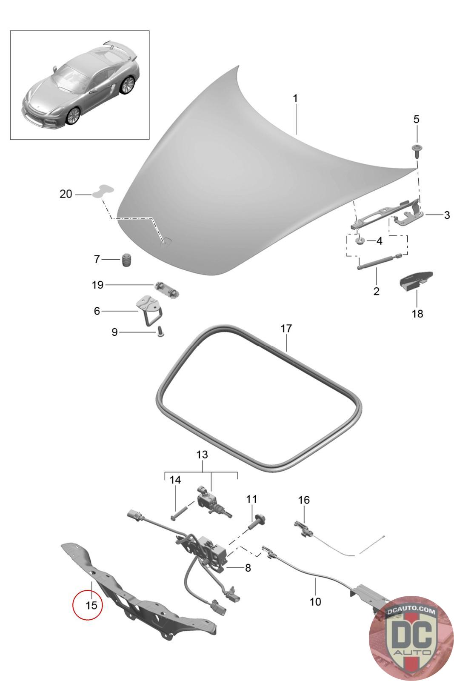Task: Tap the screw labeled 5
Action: coord(416,149)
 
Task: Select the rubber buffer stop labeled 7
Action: coord(127,260)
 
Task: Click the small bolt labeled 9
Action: coord(160,331)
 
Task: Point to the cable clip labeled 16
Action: coord(303,528)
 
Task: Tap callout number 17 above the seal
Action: coord(286,329)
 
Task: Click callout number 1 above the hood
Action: coord(295,98)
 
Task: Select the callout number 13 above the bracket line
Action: coord(202,455)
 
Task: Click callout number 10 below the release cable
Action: coord(315,602)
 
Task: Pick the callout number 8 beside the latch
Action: coord(248,568)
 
